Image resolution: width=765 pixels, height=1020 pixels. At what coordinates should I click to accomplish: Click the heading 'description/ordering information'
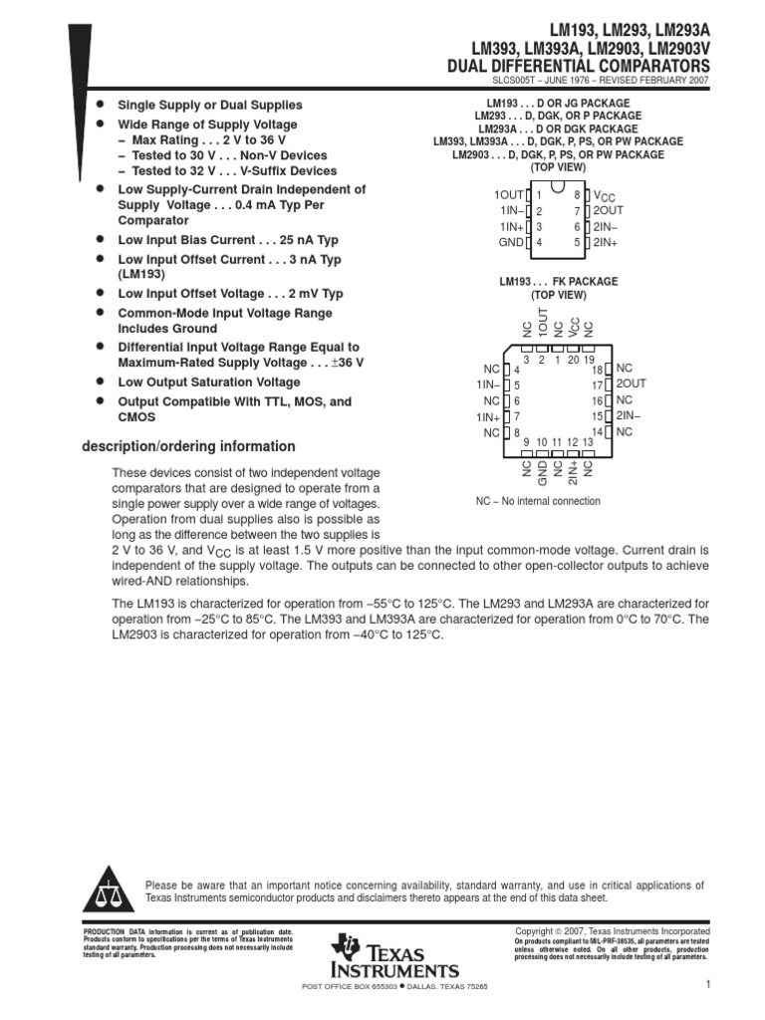click(188, 446)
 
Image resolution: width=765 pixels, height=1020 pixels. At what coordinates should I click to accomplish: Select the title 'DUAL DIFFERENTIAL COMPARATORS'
click(580, 66)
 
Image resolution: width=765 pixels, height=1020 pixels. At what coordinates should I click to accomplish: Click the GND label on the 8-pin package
click(510, 242)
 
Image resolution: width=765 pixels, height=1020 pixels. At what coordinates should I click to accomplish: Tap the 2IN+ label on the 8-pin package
click(606, 242)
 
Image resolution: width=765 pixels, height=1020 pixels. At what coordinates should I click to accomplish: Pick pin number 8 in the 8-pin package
click(576, 195)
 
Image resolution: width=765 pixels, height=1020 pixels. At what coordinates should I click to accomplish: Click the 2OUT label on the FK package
click(631, 383)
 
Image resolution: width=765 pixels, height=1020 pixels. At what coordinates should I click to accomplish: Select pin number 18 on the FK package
click(598, 370)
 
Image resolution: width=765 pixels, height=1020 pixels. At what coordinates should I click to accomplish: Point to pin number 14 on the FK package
click(598, 431)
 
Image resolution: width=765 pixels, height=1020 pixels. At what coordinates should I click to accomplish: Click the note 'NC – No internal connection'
click(538, 501)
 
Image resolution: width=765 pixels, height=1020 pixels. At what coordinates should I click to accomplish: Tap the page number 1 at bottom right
click(705, 985)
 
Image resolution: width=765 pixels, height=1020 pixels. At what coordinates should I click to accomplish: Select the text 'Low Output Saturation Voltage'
click(208, 382)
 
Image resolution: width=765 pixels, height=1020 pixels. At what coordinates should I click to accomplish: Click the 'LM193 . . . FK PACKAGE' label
click(558, 282)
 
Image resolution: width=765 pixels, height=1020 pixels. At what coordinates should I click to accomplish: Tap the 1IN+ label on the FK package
click(487, 416)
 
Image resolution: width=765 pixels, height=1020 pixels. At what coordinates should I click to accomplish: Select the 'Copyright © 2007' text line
click(612, 930)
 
